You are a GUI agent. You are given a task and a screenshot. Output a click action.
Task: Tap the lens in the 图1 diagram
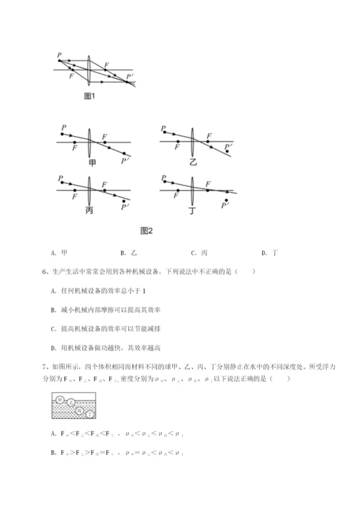[x=90, y=69]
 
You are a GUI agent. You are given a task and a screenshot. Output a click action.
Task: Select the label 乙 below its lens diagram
[x=192, y=163]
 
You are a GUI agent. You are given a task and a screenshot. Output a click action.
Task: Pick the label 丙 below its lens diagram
[x=89, y=210]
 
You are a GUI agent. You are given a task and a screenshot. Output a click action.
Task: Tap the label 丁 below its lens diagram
[x=192, y=210]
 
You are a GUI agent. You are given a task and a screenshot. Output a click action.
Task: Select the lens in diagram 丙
[x=89, y=189]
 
